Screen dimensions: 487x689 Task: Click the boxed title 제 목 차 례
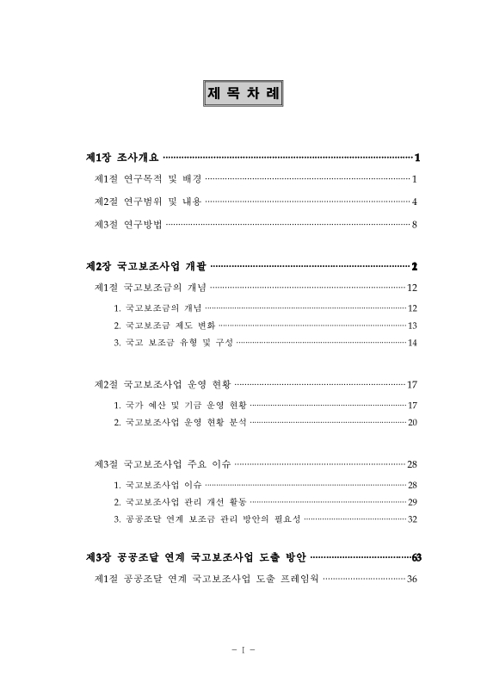pos(243,92)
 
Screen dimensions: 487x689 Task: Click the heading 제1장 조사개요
pos(123,158)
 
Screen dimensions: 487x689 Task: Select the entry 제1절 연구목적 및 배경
pos(147,180)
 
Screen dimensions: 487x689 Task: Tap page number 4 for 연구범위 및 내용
pos(414,202)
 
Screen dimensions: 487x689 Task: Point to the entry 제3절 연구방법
pos(128,226)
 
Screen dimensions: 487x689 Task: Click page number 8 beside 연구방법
pos(414,226)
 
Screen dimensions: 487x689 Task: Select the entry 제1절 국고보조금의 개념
pos(150,288)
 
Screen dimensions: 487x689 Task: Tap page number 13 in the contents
pos(412,326)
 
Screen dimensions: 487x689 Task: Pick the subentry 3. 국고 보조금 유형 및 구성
pos(173,343)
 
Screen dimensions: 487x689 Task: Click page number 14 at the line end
pos(412,343)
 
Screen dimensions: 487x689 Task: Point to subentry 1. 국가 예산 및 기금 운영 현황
pos(180,405)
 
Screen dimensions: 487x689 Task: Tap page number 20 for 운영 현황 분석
pos(412,422)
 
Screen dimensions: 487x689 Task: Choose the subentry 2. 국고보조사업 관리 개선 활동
pos(180,501)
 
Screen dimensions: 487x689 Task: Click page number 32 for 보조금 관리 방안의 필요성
pos(412,519)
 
